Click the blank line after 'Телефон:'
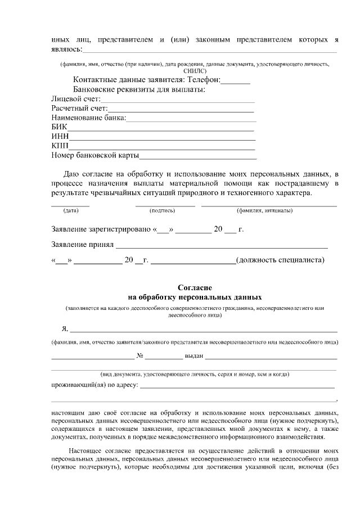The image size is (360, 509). pos(236,82)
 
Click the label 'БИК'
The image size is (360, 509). pos(58,128)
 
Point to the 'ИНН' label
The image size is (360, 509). pos(60,137)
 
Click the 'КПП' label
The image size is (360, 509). pos(60,146)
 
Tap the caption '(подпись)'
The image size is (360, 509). pos(162,211)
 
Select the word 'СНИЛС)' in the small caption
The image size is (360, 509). pos(195,71)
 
